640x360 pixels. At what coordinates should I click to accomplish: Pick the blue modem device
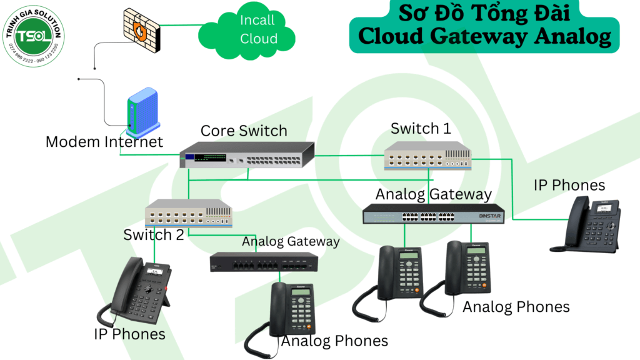(142, 113)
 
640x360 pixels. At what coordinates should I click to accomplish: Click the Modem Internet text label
(104, 142)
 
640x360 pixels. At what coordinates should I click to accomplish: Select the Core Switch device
(247, 156)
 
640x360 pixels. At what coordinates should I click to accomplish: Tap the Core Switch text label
(244, 131)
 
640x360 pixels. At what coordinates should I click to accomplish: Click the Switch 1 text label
(421, 129)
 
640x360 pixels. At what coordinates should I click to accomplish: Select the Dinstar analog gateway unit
(434, 214)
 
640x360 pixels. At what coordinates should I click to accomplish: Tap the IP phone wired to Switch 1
(587, 227)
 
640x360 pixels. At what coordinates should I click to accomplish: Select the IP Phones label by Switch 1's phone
(569, 185)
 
